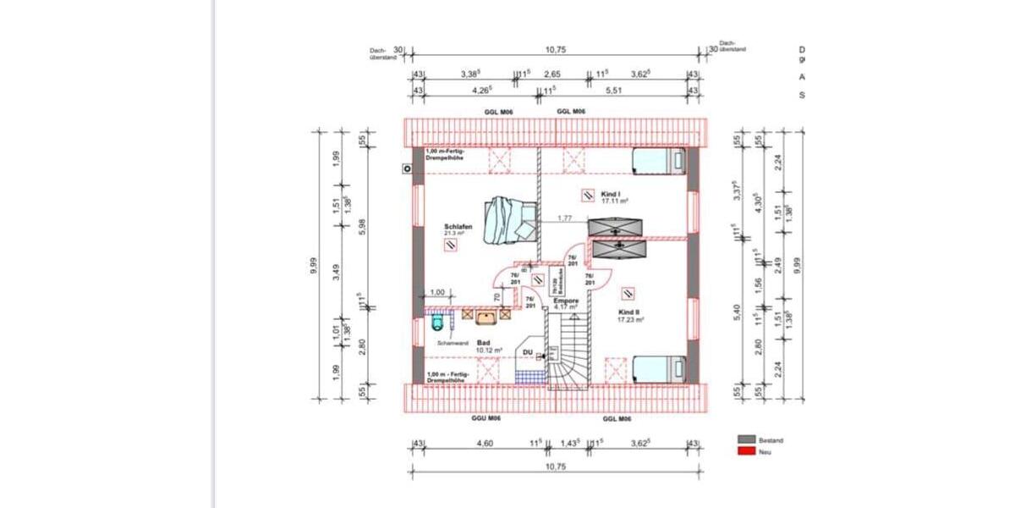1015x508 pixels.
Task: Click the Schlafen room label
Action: point(457,227)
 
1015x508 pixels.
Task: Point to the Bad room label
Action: point(483,343)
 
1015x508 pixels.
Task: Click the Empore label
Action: point(565,301)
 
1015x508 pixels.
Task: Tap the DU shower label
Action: point(527,351)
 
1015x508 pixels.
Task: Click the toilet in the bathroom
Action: point(437,321)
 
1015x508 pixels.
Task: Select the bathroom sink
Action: point(487,317)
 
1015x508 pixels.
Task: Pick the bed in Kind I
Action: point(660,161)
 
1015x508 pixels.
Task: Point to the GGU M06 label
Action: point(486,419)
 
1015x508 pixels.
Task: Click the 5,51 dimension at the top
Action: point(613,89)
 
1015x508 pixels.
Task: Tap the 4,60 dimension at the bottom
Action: point(485,443)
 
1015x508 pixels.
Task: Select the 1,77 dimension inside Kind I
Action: point(565,219)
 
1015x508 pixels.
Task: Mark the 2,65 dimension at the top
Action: point(551,75)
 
